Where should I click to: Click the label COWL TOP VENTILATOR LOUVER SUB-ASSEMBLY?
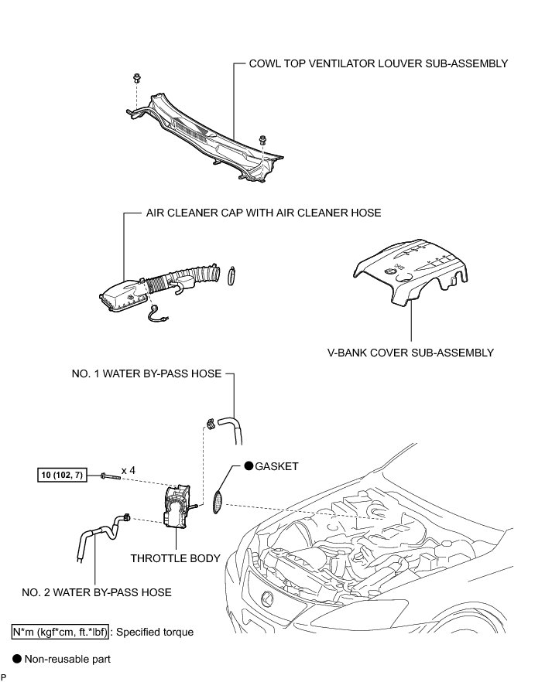378,63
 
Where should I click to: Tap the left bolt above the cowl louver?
137,78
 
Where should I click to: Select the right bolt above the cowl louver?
264,139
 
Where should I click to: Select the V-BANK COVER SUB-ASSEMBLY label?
410,353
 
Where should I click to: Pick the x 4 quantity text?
130,469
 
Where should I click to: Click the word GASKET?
276,467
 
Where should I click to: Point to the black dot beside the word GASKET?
249,467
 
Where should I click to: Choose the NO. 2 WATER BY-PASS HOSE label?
96,592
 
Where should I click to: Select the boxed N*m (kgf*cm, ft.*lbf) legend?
59,632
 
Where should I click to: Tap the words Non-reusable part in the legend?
67,660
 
